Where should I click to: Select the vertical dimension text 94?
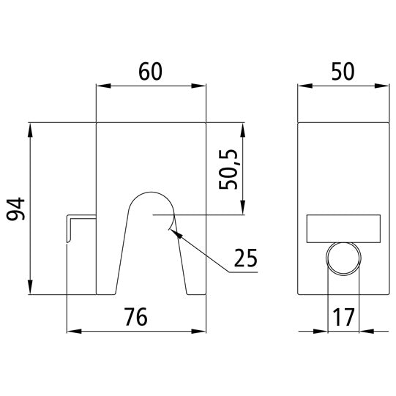tap(16, 209)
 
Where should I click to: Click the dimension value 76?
tap(136, 317)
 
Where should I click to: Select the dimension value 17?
tap(343, 317)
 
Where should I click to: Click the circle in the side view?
tap(343, 258)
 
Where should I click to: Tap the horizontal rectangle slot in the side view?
tap(343, 229)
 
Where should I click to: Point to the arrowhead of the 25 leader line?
tap(172, 231)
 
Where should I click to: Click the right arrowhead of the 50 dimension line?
tap(384, 86)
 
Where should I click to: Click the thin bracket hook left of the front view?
tap(68, 227)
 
